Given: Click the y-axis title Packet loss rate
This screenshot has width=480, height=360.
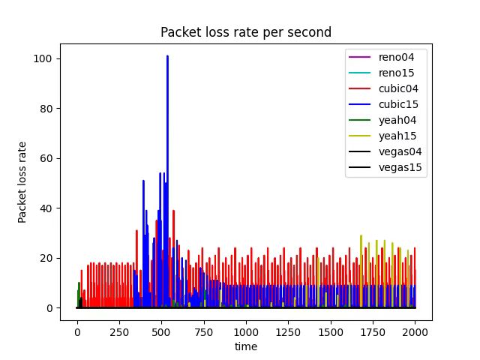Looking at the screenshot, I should coord(22,182).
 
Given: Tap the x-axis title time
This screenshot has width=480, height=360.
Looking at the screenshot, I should coord(246,346).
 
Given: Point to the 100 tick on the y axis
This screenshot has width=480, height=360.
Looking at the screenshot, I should coord(46,58).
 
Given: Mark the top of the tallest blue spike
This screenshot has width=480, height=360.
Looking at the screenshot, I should coord(167,56).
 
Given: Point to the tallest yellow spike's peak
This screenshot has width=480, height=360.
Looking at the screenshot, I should coord(361,235).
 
